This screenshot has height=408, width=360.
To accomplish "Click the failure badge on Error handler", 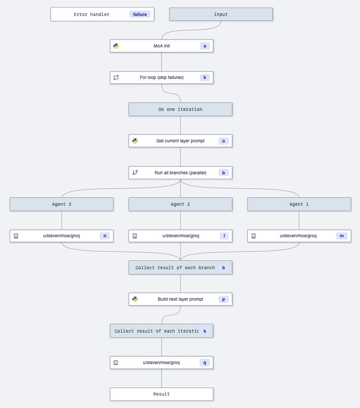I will tap(140, 14).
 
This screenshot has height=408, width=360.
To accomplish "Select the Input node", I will tap(221, 14).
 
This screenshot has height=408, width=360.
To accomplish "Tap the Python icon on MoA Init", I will tap(116, 46).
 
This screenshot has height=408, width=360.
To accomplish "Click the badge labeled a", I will tap(205, 46).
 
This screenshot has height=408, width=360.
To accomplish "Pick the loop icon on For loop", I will tap(116, 77).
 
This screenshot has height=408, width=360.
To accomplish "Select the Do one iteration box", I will tap(180, 109).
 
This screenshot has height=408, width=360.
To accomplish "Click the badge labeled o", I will tap(223, 141).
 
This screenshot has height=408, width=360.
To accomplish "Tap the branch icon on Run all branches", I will tap(135, 173).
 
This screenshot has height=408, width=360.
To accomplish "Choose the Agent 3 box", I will tap(62, 204).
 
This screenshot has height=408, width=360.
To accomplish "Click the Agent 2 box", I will tap(180, 204).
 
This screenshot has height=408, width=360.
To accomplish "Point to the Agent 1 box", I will tap(299, 204).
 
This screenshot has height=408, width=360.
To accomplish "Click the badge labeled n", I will tap(105, 236).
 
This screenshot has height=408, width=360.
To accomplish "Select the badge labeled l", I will tap(223, 236).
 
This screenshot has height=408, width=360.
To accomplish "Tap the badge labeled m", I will tap(342, 236).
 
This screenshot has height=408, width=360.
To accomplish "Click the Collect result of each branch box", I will tap(175, 267).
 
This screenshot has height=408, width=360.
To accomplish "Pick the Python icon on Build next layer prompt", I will tap(135, 299).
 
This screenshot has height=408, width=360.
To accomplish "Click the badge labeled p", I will tap(223, 299).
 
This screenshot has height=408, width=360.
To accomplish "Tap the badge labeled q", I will tap(205, 362).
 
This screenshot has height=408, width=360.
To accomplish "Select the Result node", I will tap(161, 394).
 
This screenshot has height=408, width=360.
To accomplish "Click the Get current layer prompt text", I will tap(180, 141).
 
